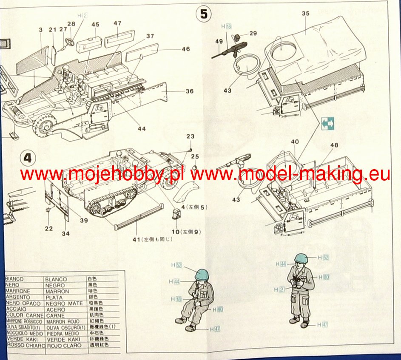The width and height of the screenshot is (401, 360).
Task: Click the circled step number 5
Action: point(204,14)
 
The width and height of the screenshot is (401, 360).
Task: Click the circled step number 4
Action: point(28,159)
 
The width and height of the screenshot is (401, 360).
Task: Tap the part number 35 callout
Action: point(305,14)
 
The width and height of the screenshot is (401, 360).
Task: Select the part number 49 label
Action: point(219,41)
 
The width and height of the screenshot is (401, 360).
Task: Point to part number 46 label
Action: point(185,49)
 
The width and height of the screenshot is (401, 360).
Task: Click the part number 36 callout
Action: point(189,91)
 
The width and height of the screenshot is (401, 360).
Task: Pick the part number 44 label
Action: point(141,128)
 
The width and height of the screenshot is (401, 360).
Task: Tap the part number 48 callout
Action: point(334,145)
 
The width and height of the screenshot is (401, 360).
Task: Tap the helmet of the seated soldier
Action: point(201,274)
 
